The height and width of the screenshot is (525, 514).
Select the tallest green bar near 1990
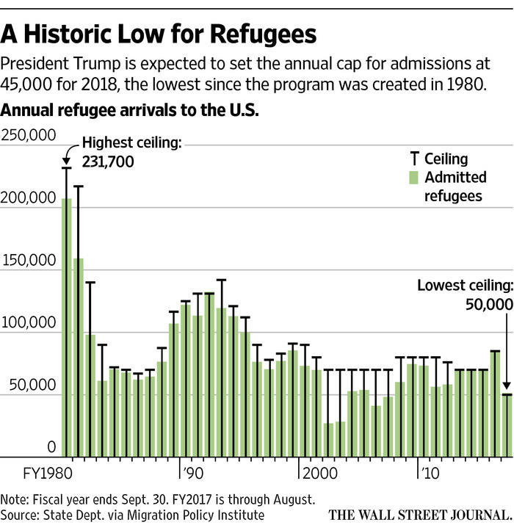point(209,374)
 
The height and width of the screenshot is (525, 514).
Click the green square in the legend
point(413,177)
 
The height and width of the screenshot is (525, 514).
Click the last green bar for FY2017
point(507,426)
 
